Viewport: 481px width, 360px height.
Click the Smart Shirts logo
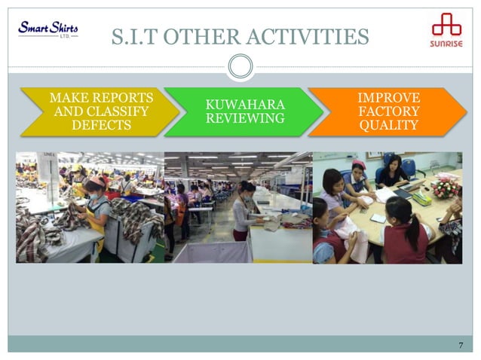point(47,31)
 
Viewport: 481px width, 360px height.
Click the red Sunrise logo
point(446,33)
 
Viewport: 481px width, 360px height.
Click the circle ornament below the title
point(240,66)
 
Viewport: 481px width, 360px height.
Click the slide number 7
point(460,346)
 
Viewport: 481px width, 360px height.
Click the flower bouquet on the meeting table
point(446,185)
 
